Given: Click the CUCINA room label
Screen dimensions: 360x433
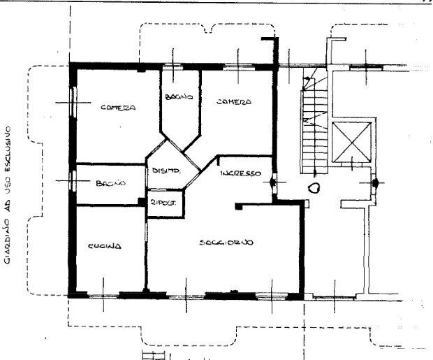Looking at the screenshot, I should tap(105, 246).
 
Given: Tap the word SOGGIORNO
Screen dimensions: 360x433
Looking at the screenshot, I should tap(226, 243).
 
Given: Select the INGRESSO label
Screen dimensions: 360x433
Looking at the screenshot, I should tap(240, 173).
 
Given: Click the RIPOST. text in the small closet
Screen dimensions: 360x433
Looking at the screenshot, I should tap(163, 202).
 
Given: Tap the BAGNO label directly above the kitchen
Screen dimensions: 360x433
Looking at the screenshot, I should tap(110, 183).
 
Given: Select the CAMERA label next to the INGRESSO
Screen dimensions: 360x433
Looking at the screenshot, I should tap(233, 102).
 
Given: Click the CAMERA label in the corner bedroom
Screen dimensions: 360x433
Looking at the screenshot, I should tap(117, 108).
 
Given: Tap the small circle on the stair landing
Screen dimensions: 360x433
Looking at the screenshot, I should tap(315, 187).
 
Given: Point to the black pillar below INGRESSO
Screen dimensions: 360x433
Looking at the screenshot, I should tap(239, 206).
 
